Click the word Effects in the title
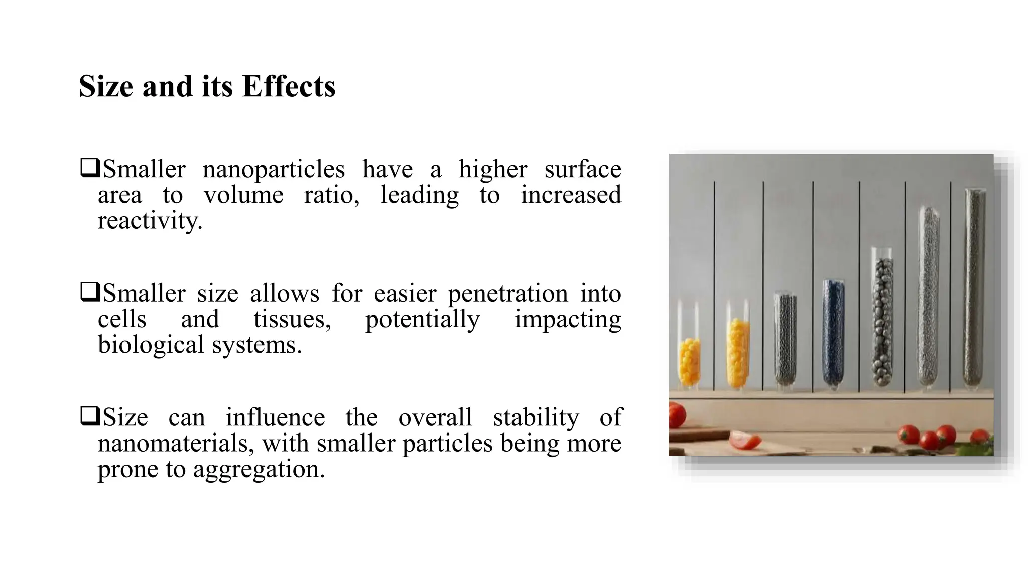(x=289, y=86)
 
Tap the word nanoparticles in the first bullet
(x=274, y=170)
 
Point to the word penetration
(x=507, y=294)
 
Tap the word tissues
(x=292, y=319)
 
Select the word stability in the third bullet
(x=536, y=417)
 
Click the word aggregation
(x=259, y=470)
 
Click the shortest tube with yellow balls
(x=689, y=351)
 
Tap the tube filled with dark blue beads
(x=833, y=336)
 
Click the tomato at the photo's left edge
(x=676, y=415)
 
